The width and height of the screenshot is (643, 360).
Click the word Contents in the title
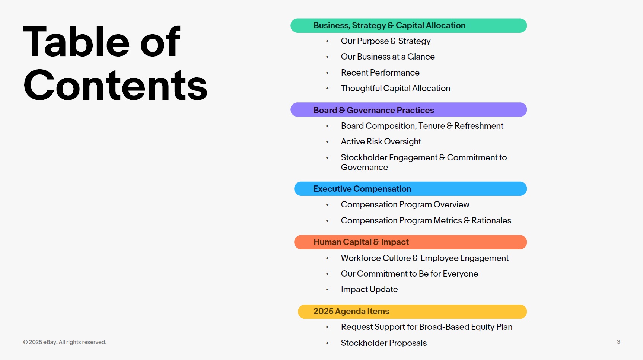115,86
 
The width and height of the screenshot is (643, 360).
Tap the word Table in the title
76,42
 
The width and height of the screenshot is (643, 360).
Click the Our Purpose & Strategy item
385,41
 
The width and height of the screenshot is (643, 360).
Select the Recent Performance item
380,73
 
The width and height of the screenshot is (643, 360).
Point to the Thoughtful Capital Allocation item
395,88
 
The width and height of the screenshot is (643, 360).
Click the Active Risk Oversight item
381,141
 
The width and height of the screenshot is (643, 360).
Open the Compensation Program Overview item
405,204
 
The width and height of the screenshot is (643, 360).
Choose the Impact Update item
369,289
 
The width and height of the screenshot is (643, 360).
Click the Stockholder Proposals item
383,343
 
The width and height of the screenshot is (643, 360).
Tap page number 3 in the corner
618,342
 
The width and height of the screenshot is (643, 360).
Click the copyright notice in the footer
65,342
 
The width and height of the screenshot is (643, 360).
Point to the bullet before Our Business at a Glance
327,57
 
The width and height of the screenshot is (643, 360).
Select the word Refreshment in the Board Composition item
479,126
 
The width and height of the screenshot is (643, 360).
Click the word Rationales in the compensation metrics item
491,220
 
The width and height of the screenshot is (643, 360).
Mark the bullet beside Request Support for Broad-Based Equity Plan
327,327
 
